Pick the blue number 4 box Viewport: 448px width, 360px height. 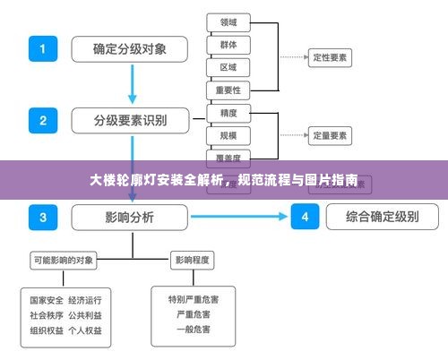306,216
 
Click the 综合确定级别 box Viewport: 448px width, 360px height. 381,216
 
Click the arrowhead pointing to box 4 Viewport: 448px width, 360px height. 284,216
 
